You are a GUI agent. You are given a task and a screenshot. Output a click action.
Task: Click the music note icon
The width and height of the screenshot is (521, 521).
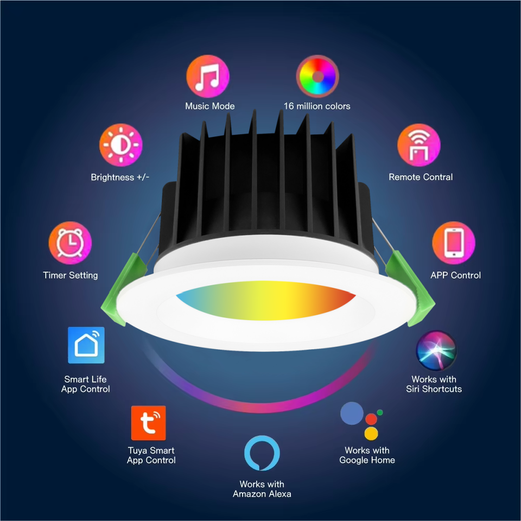[208, 77]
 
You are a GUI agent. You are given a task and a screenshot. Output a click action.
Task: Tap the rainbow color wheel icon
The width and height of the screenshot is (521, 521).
[317, 77]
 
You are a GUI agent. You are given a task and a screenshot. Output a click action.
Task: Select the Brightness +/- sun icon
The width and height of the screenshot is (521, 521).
[120, 145]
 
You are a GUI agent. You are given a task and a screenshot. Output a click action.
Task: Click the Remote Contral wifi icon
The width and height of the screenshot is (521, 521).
[419, 145]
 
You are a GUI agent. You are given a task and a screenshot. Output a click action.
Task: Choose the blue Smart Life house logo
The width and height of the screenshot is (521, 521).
[86, 345]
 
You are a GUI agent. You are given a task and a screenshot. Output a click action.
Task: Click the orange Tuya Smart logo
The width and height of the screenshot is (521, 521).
[148, 423]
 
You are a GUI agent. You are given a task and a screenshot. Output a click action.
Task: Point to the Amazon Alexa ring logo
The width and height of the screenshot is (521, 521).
[262, 452]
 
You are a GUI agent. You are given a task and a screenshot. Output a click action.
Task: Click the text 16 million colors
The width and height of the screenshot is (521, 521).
[317, 106]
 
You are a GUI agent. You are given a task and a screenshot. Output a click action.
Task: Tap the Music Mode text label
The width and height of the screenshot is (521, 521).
[210, 106]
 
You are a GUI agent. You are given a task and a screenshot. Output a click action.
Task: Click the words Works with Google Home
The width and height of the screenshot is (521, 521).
[367, 455]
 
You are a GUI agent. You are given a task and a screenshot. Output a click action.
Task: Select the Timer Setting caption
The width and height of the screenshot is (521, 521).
[71, 275]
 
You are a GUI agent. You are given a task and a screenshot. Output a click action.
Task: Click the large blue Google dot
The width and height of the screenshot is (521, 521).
[352, 414]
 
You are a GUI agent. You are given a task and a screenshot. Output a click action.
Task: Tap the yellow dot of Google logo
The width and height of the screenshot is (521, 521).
[371, 433]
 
